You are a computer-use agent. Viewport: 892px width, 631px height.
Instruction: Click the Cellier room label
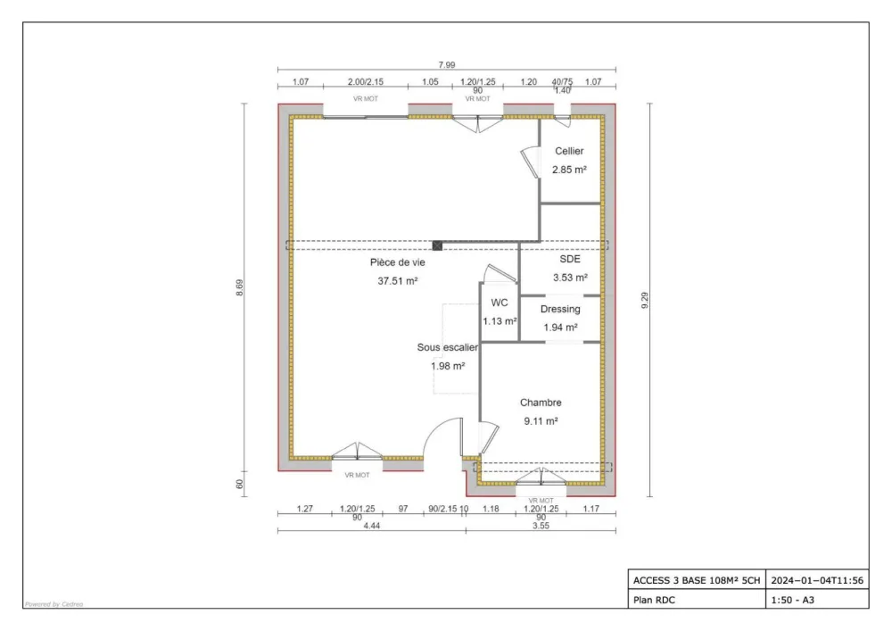(x=569, y=152)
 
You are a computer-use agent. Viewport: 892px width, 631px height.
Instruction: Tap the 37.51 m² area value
(x=398, y=281)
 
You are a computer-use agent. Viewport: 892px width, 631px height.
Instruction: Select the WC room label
(x=500, y=303)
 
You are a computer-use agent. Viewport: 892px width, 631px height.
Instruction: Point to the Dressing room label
(x=560, y=309)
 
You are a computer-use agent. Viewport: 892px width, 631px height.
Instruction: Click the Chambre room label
(x=541, y=403)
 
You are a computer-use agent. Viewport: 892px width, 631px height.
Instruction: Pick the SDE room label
(x=569, y=259)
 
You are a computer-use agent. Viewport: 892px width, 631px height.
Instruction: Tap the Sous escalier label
(x=447, y=347)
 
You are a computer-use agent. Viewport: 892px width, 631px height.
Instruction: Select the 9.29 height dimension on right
(x=644, y=301)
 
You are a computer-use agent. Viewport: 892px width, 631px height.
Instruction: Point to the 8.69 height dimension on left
(x=239, y=290)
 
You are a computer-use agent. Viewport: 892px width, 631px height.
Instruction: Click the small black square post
(x=437, y=245)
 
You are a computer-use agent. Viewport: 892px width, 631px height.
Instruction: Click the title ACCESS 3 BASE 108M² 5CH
(x=697, y=580)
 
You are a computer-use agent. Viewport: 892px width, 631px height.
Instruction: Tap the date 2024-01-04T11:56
(x=816, y=580)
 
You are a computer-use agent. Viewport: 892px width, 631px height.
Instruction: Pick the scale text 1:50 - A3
(x=792, y=600)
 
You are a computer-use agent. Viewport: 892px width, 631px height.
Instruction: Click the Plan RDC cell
(x=654, y=600)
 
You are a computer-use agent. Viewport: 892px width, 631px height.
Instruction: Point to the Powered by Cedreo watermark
(x=54, y=604)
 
